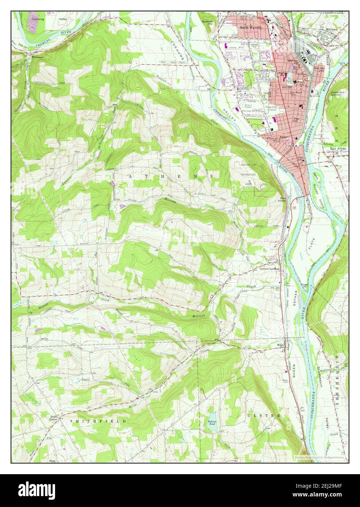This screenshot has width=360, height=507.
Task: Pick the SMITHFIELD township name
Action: pyautogui.click(x=98, y=421)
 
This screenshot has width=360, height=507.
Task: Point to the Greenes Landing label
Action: pyautogui.click(x=269, y=268)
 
